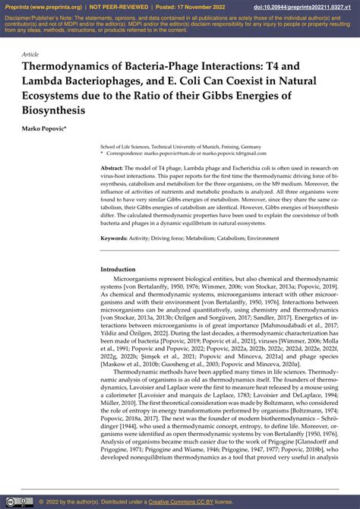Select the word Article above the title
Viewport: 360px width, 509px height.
click(30, 55)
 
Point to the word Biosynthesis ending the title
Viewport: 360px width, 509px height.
click(53, 110)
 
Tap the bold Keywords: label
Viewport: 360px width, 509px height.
click(114, 238)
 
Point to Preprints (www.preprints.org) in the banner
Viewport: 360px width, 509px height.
click(39, 7)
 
